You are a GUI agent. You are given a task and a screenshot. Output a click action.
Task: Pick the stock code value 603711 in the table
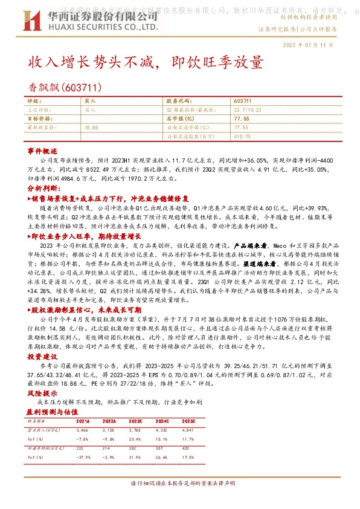click(x=242, y=101)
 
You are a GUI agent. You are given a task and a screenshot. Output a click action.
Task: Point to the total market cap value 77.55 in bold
click(x=241, y=119)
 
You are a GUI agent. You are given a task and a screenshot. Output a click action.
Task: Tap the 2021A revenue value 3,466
click(x=83, y=428)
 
